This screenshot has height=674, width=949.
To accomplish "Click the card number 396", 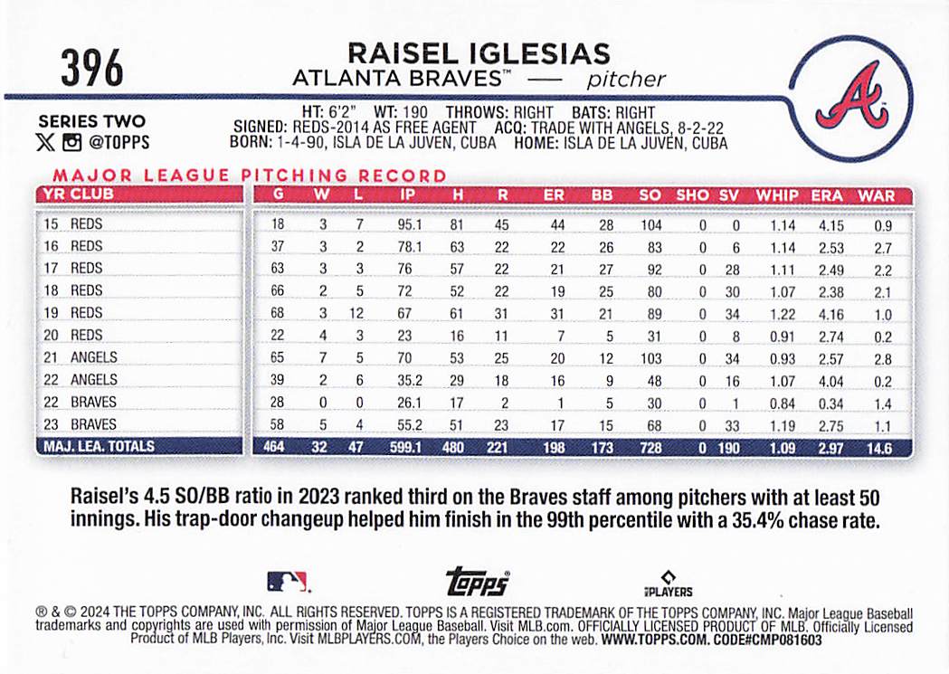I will coord(92,68).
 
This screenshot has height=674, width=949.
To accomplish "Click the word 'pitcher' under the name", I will coord(626,79).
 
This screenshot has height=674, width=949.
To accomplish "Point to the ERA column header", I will coord(827,195).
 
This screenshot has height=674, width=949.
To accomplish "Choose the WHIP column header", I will coord(777,195).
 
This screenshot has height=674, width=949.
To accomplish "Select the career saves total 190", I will coord(729,447).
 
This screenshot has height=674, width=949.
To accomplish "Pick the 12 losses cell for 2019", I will coord(357,313).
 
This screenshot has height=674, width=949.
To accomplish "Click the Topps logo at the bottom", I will coord(477,583).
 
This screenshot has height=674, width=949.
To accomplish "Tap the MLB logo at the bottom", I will coord(287,582).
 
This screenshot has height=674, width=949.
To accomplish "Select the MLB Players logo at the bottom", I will coord(668,584).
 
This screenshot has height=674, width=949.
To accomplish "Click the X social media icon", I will coord(44,141).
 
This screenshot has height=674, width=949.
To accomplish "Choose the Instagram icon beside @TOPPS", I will coord(71,141).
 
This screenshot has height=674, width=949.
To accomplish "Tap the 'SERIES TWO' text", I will coord(91,121).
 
